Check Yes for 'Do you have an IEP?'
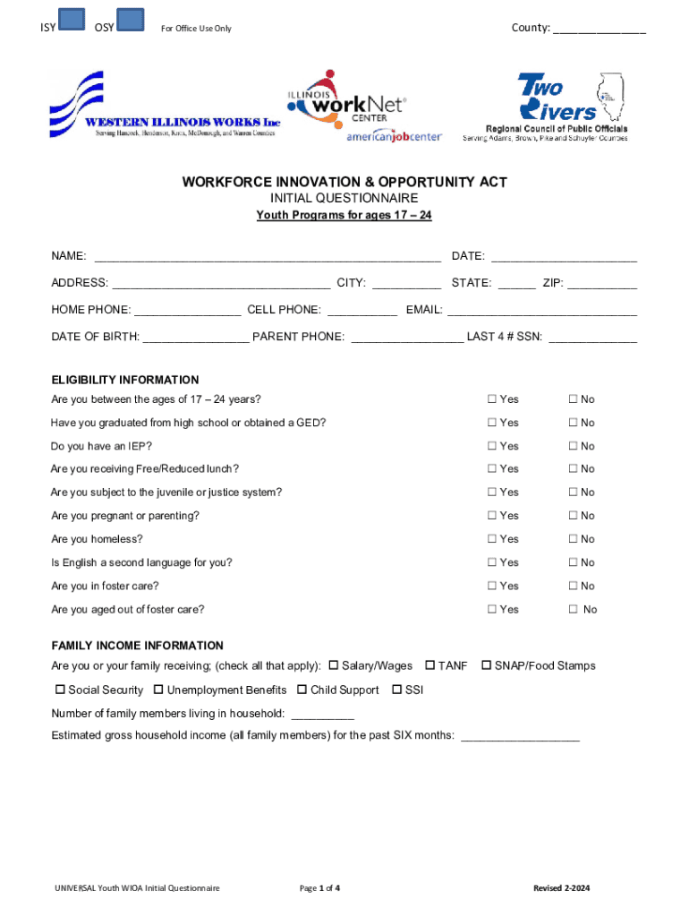[x=491, y=446]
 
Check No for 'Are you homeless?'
[x=573, y=539]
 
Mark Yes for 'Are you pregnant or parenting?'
[x=491, y=516]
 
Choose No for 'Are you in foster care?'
[x=573, y=586]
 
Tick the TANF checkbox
[x=430, y=665]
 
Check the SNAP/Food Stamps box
[x=487, y=665]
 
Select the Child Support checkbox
[x=302, y=690]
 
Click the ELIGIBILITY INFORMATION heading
[x=125, y=380]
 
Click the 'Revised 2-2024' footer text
[x=562, y=888]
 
